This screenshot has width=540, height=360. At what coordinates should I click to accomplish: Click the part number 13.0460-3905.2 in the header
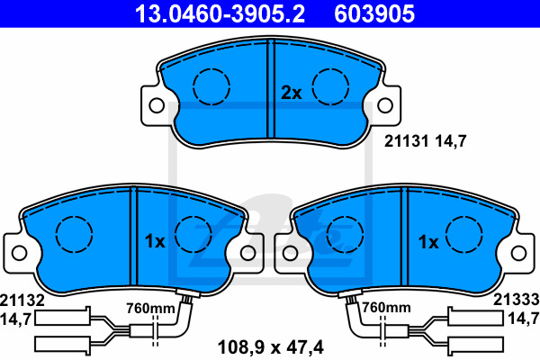click(x=220, y=13)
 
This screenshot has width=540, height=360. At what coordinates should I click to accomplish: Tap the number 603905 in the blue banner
click(x=374, y=13)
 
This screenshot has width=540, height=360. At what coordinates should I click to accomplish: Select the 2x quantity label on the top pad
click(x=292, y=93)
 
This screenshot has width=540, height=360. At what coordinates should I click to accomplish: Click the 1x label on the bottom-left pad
click(x=155, y=241)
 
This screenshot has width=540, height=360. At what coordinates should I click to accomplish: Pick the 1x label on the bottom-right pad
click(x=428, y=242)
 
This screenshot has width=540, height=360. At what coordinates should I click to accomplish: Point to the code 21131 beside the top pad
click(x=407, y=141)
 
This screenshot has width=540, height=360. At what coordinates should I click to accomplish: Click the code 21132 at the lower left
click(x=22, y=301)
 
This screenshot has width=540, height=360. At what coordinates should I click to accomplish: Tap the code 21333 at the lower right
click(x=517, y=300)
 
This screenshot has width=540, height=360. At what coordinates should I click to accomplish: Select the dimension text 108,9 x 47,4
click(x=271, y=347)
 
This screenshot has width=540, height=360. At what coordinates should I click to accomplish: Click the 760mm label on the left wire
click(x=150, y=308)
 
